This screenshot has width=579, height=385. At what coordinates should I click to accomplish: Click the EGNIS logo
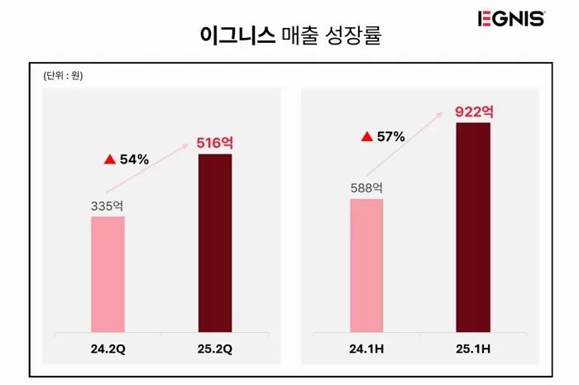click(x=510, y=18)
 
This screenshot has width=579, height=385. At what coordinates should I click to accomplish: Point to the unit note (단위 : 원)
click(x=64, y=77)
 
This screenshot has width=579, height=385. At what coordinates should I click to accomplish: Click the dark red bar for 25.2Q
click(x=214, y=243)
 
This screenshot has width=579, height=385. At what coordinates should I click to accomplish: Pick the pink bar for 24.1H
click(x=366, y=265)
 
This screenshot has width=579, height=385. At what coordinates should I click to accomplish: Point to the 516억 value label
click(x=214, y=143)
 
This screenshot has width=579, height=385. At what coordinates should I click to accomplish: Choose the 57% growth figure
click(x=390, y=136)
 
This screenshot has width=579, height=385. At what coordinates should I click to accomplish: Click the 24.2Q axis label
click(x=108, y=349)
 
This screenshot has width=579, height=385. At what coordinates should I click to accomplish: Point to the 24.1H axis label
click(x=366, y=349)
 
